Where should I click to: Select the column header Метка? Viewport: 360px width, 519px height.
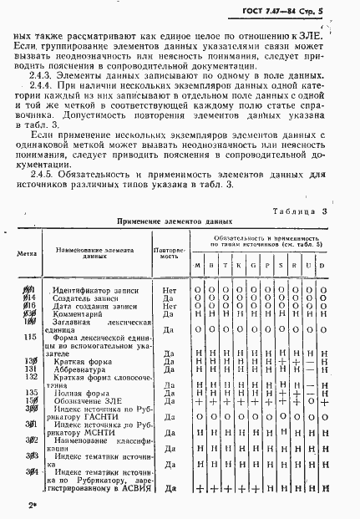20,251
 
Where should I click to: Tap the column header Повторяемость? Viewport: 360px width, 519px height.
169,251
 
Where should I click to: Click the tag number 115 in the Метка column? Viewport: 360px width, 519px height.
19,337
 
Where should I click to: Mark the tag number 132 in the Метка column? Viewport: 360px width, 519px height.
19,376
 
